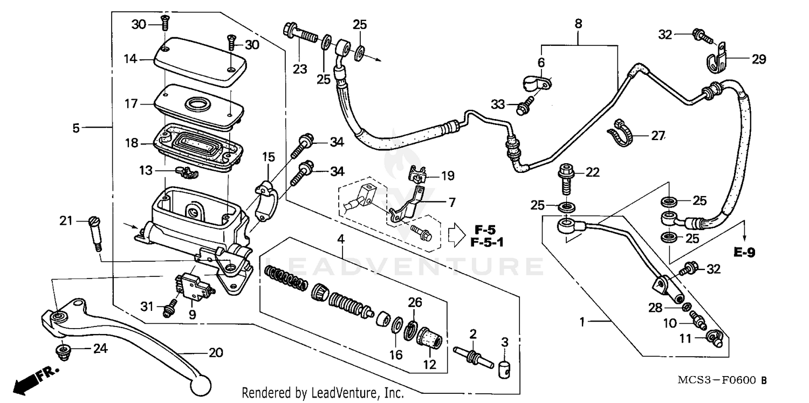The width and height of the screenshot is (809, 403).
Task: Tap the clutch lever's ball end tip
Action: click(x=201, y=385)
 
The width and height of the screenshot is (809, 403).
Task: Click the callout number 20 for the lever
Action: click(x=216, y=353)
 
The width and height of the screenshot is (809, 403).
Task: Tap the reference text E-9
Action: click(x=744, y=252)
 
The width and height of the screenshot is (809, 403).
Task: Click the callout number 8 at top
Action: click(x=578, y=24)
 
